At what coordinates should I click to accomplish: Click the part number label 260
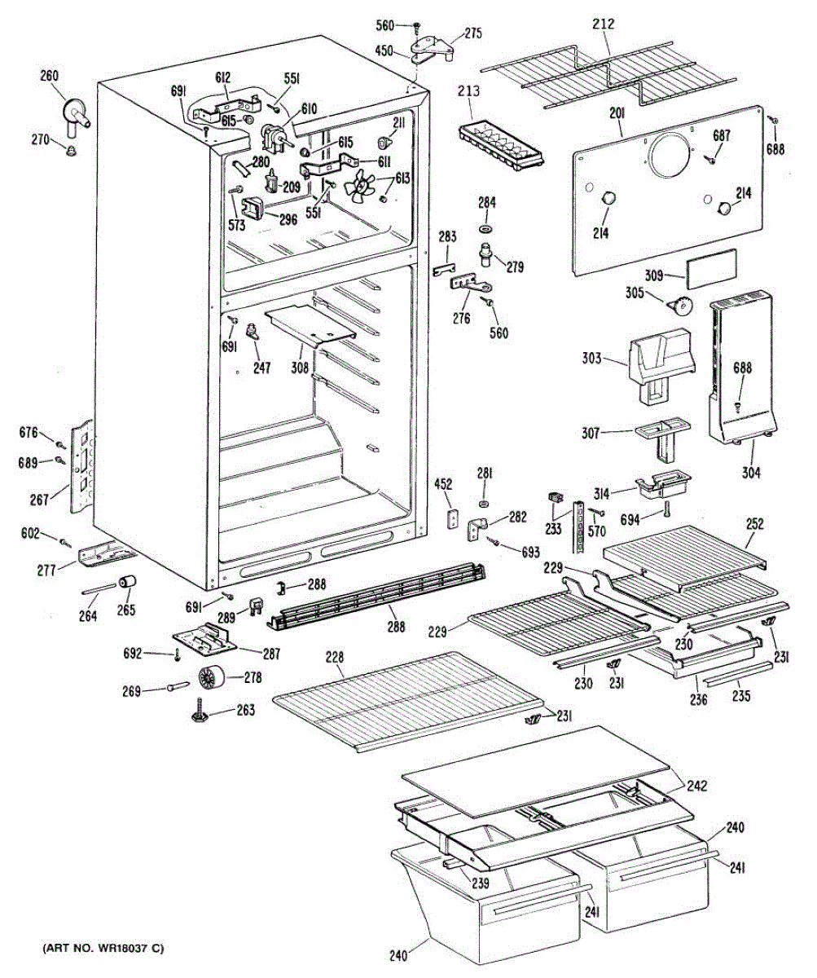(49, 76)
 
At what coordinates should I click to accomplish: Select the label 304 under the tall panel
(751, 469)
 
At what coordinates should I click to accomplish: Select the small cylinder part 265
(127, 584)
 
